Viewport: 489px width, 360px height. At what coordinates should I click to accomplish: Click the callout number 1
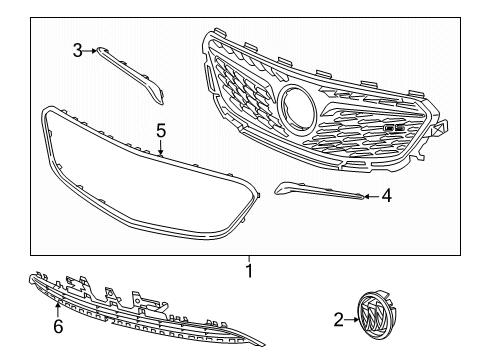(249, 271)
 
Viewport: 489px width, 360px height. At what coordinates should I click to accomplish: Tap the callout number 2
(338, 320)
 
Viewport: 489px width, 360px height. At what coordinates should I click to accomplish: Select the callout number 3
(78, 51)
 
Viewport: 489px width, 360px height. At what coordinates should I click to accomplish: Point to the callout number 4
(387, 196)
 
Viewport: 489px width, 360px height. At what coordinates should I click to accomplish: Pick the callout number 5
(161, 130)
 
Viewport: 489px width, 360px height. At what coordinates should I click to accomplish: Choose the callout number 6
(58, 326)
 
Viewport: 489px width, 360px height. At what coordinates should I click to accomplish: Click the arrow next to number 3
(89, 51)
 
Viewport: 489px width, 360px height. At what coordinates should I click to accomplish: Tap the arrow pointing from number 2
(351, 319)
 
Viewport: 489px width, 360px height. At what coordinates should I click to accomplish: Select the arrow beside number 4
(372, 196)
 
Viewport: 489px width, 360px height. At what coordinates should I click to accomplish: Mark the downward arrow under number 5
(161, 147)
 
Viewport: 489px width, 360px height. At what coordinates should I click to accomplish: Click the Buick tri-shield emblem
(377, 315)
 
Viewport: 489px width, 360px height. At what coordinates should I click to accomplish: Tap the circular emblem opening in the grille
(298, 106)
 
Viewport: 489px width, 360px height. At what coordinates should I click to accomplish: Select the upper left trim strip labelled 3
(130, 74)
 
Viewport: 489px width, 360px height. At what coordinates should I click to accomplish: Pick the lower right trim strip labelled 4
(319, 191)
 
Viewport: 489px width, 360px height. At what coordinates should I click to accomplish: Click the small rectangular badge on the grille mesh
(395, 127)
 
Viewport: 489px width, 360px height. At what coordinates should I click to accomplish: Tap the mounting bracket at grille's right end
(439, 128)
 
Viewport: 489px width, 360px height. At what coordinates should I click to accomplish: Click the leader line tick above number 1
(249, 259)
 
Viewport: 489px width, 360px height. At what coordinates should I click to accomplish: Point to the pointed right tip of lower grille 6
(264, 345)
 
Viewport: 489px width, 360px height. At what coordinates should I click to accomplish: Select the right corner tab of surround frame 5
(257, 195)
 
